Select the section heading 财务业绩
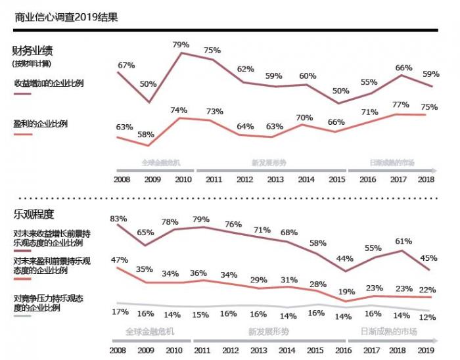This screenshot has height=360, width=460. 32,50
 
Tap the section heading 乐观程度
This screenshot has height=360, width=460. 33,214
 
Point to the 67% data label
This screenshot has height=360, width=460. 126,65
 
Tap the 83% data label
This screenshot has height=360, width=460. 118,218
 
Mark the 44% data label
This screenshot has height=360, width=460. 345,259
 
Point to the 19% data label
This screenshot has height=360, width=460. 346,291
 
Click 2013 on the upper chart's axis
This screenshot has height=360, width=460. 274,179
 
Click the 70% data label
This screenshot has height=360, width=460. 306,118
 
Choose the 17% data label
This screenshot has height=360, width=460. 120,311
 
